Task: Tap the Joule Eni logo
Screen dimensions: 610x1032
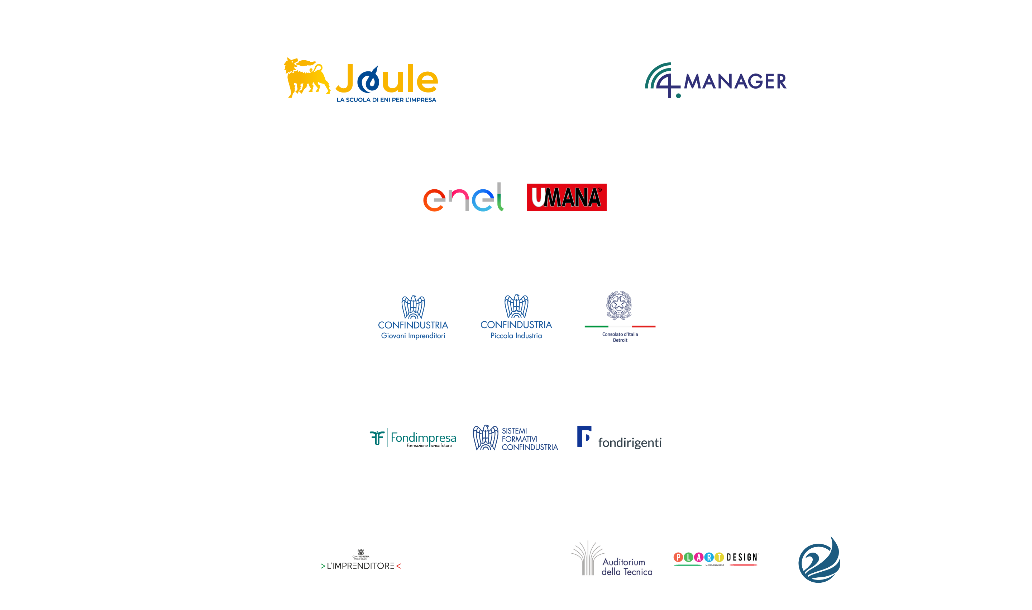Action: [x=360, y=80]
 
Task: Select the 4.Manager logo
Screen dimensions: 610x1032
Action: [x=715, y=80]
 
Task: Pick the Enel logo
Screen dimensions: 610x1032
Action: [x=463, y=198]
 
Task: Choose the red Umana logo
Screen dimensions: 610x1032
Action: [x=566, y=197]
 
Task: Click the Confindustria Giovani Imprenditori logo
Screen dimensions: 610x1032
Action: [x=413, y=317]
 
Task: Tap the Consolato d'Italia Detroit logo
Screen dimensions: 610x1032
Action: [x=619, y=317]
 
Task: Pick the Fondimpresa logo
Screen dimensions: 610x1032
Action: [x=411, y=438]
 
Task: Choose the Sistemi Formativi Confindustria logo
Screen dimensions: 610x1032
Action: [x=515, y=438]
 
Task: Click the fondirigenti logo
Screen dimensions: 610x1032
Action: [x=619, y=438]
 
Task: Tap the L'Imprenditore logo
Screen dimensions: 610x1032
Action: [x=360, y=559]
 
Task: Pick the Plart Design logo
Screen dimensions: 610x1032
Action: [x=715, y=559]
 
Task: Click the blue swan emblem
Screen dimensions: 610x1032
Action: [x=819, y=559]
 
